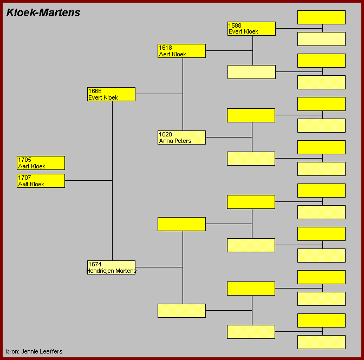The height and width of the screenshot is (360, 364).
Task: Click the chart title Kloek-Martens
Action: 43,13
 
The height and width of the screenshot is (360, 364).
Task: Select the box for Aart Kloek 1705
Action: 41,163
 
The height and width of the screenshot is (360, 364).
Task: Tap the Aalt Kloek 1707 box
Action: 41,181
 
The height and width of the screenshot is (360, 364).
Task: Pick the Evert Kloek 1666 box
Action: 111,94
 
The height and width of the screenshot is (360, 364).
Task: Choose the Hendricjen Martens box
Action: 111,267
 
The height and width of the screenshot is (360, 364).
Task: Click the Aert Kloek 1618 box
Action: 181,51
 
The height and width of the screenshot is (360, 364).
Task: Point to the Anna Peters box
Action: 181,138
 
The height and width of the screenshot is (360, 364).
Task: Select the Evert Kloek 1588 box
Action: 252,29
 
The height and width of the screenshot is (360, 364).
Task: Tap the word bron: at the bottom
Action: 13,351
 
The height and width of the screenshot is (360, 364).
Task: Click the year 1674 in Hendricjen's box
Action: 95,264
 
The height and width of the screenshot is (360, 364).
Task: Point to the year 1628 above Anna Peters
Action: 165,134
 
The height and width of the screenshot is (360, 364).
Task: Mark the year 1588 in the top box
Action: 235,25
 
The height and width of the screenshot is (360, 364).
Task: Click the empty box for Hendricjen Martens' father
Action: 181,224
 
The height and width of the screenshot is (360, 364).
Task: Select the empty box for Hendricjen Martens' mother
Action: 181,311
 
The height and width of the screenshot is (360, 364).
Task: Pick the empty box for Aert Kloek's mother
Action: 252,72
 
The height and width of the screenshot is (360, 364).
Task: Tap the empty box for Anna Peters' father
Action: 251,115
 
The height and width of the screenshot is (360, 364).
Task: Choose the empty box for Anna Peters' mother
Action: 251,159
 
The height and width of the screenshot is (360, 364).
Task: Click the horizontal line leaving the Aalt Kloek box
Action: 89,180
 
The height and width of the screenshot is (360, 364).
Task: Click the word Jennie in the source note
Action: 29,351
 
